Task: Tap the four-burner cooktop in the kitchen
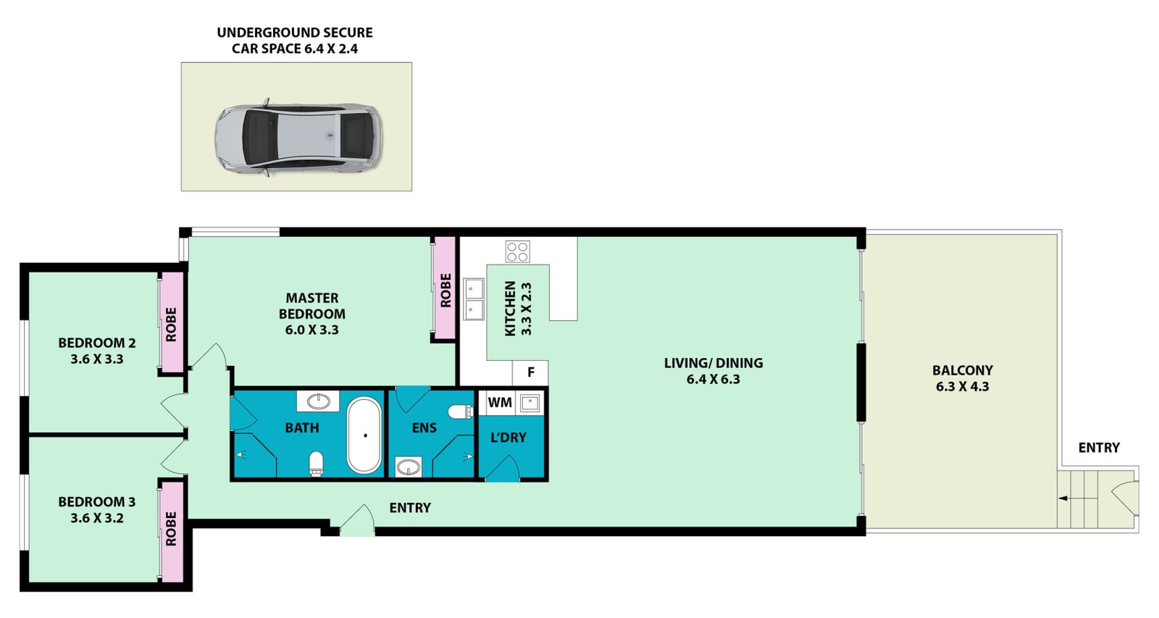[x=517, y=251]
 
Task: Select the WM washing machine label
[x=500, y=402]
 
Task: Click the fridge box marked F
[x=530, y=372]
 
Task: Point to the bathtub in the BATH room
[x=364, y=435]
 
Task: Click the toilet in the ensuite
[x=461, y=412]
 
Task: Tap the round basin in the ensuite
[x=409, y=467]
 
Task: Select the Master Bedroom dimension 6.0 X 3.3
[x=311, y=330]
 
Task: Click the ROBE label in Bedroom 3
[x=171, y=528]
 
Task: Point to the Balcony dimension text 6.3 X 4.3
[x=963, y=387]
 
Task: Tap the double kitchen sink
[x=473, y=299]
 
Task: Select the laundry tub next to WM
[x=530, y=402]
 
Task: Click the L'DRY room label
[x=508, y=438]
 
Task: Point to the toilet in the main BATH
[x=316, y=463]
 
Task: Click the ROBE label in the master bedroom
[x=445, y=291]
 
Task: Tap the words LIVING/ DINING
[x=714, y=363]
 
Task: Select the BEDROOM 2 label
[x=97, y=343]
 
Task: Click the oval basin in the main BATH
[x=318, y=401]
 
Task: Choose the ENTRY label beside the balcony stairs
[x=1099, y=448]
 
